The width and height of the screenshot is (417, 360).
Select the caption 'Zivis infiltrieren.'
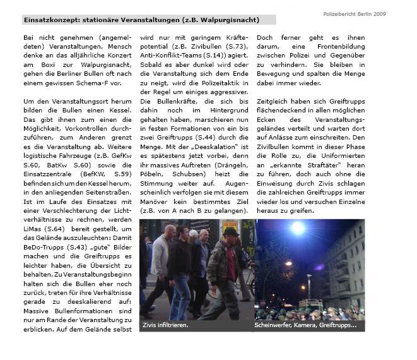166,325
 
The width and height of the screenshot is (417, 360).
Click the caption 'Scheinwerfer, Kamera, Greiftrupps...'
305,325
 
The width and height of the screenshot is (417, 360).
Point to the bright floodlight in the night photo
297,227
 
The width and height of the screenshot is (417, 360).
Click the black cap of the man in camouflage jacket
231,232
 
